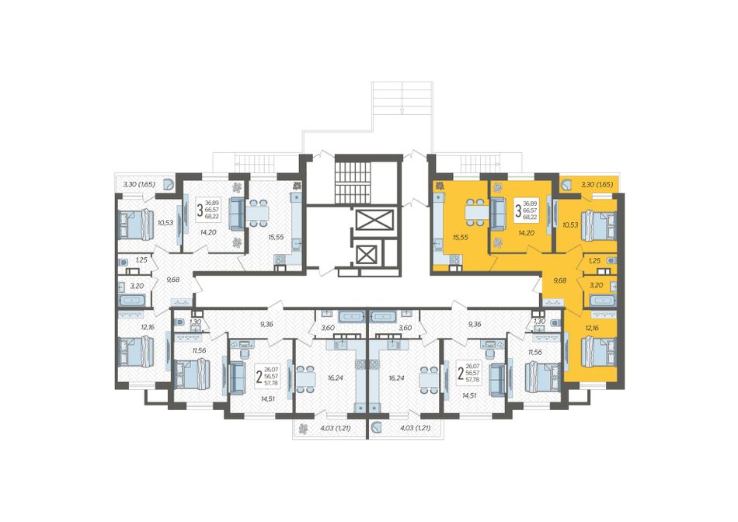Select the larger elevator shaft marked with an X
pyautogui.click(x=374, y=220)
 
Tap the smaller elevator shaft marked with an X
pyautogui.click(x=365, y=255)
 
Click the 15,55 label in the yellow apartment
pyautogui.click(x=460, y=238)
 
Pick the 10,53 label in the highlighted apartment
pyautogui.click(x=570, y=225)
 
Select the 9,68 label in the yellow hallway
pyautogui.click(x=559, y=280)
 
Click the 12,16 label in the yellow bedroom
pyautogui.click(x=593, y=328)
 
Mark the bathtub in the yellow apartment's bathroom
pyautogui.click(x=600, y=300)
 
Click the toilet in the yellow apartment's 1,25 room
pyautogui.click(x=611, y=260)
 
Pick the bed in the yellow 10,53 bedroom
pyautogui.click(x=599, y=225)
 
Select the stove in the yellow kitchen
pyautogui.click(x=454, y=259)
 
